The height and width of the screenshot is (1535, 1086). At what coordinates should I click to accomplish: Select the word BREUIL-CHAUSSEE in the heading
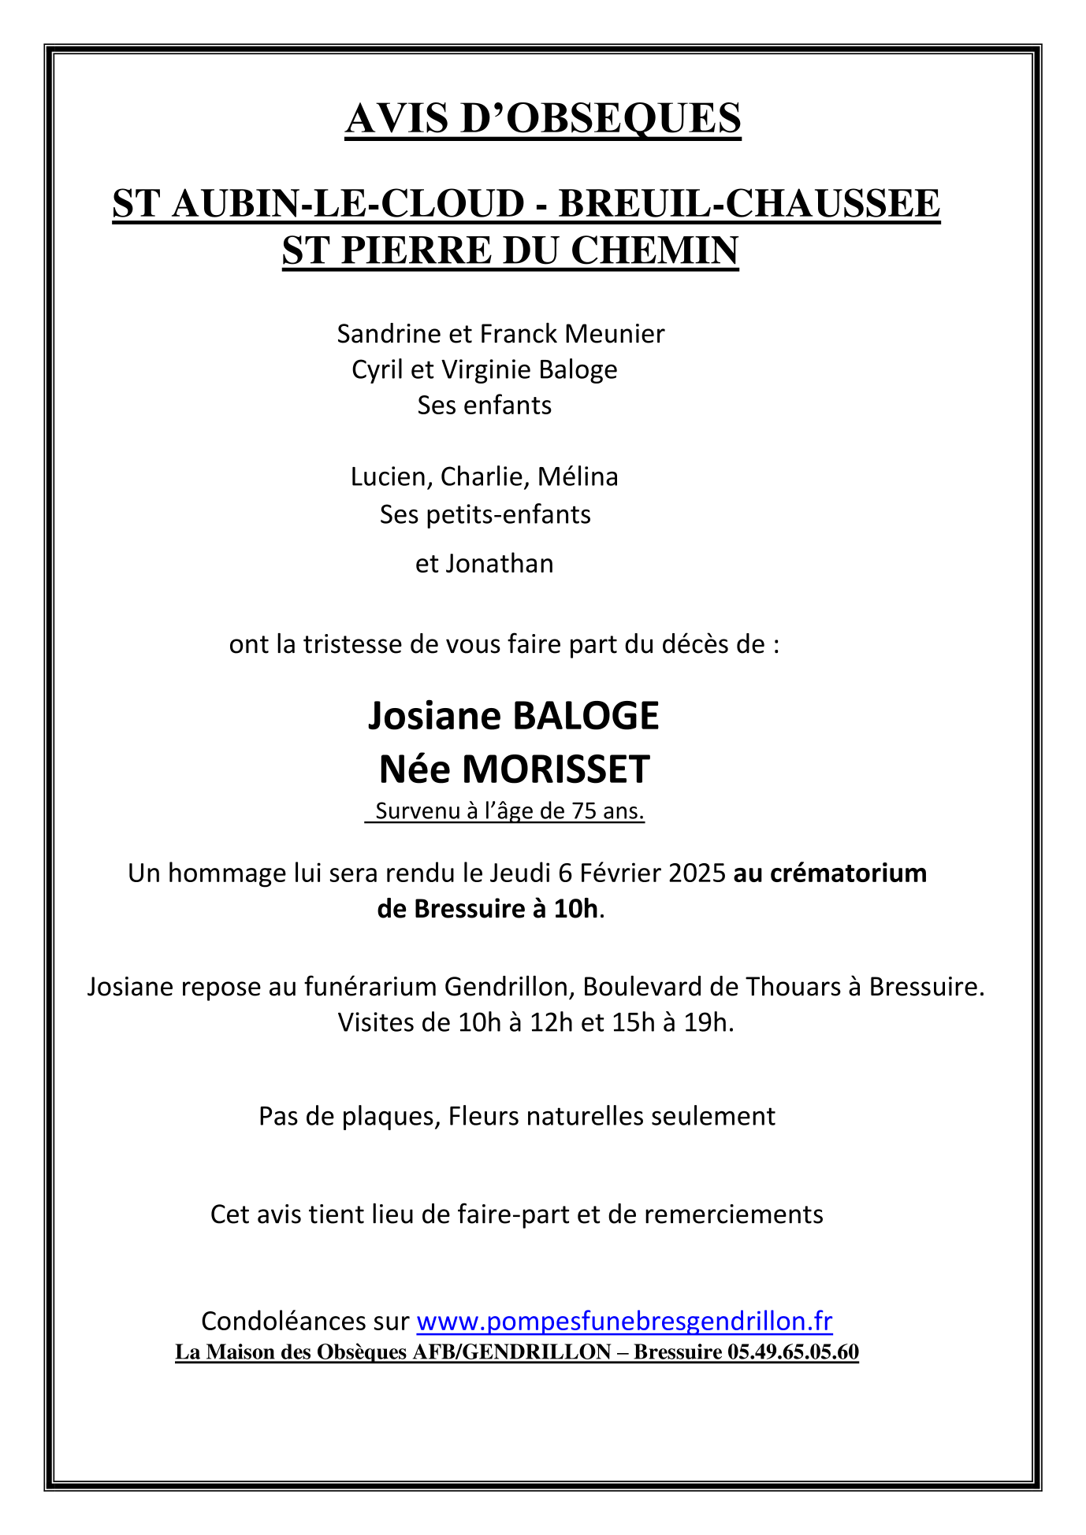[x=749, y=204]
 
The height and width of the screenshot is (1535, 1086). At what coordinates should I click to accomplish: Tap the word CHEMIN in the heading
[x=654, y=250]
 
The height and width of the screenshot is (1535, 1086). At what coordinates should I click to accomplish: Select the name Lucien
[x=391, y=477]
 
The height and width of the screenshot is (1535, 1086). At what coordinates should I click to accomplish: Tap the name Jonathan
[x=500, y=564]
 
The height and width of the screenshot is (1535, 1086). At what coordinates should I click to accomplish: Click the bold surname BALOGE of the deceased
[x=586, y=716]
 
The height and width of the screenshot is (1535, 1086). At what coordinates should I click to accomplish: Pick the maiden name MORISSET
[x=556, y=769]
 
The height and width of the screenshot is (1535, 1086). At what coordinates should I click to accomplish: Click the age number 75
[x=584, y=811]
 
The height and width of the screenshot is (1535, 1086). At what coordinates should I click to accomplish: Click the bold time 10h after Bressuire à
[x=575, y=910]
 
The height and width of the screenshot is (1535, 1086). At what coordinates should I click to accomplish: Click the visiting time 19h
[x=709, y=1022]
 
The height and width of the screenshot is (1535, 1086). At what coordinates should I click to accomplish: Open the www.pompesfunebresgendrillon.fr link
[x=624, y=1321]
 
